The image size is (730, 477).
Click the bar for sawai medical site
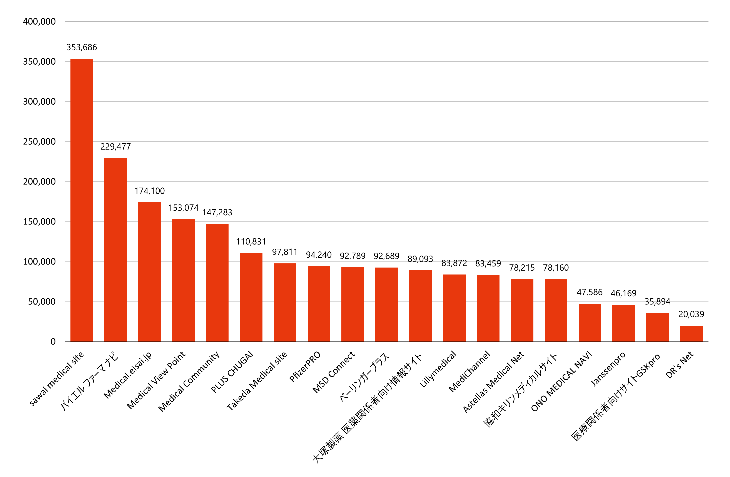82,200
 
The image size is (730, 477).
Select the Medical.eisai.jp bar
149,272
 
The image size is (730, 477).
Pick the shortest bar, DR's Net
691,333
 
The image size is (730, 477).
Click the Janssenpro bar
624,323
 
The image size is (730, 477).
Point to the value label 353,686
82,47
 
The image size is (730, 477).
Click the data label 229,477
116,147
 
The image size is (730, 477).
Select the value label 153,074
183,208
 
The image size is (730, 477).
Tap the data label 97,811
285,252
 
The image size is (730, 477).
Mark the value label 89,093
420,259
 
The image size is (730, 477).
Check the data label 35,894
657,301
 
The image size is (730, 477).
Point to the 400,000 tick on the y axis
39,22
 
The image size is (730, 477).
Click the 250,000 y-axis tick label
39,141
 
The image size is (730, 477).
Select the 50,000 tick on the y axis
42,301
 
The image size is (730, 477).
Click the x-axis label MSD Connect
334,372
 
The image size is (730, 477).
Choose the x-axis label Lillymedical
438,369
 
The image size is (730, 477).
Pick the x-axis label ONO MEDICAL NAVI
561,382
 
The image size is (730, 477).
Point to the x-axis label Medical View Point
156,380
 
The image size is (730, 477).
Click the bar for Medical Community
217,283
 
